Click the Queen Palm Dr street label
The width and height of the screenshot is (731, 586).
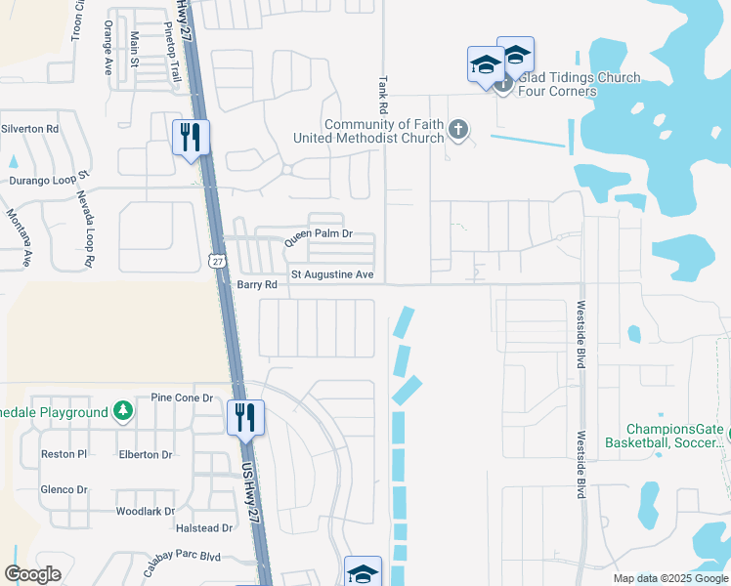click(318, 235)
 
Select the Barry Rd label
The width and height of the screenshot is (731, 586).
click(258, 285)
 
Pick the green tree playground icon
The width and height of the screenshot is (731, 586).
click(123, 412)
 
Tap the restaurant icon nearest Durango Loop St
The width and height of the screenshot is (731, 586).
click(192, 137)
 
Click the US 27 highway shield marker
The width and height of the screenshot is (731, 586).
click(217, 261)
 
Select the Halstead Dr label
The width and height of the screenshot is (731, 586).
click(203, 528)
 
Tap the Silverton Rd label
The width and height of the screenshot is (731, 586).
click(30, 129)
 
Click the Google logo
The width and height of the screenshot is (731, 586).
click(33, 573)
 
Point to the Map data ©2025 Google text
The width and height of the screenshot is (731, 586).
click(669, 578)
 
